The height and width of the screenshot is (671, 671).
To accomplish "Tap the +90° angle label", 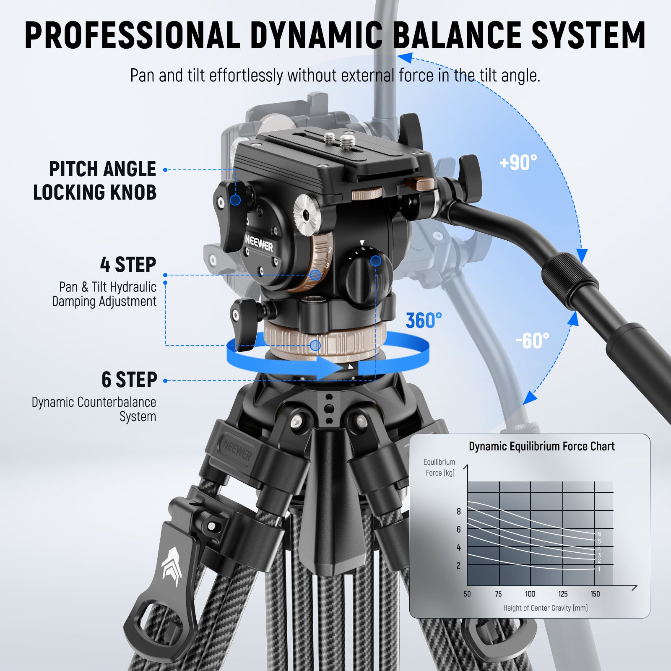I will tap(518, 162).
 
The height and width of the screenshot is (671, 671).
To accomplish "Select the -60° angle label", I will tap(532, 341).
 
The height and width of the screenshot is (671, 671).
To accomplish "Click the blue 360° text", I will tap(424, 321).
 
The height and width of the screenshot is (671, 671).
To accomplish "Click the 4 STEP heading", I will tap(128, 265).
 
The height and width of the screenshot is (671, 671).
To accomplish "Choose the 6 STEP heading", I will tap(129, 380).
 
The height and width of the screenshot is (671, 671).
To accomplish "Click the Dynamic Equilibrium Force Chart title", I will tap(541, 446).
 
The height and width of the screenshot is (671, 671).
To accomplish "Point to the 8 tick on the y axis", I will tap(459, 511).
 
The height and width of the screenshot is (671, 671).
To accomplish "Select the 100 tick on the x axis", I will tap(530, 594).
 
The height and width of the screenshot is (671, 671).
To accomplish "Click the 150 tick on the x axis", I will tap(595, 594).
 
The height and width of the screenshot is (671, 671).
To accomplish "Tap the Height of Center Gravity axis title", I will tap(545, 608).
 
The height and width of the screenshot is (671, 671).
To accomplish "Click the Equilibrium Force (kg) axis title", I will tap(439, 467).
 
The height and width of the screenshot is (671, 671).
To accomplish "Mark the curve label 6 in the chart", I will tap(599, 534).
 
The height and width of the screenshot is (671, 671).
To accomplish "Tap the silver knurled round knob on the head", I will tap(307, 215).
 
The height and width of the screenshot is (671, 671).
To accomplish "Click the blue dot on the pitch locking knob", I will tap(235, 200).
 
